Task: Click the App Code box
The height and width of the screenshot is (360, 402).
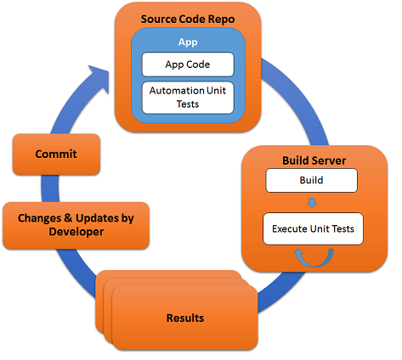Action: pyautogui.click(x=188, y=65)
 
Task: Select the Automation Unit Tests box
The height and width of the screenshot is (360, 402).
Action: pyautogui.click(x=188, y=98)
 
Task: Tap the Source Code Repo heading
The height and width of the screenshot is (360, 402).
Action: pyautogui.click(x=188, y=20)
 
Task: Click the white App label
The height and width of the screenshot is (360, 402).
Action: pyautogui.click(x=188, y=42)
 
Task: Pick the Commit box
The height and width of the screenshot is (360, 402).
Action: pyautogui.click(x=56, y=155)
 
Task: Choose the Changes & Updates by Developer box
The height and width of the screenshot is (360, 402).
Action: pyautogui.click(x=76, y=226)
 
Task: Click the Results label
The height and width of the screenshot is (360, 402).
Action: pyautogui.click(x=185, y=318)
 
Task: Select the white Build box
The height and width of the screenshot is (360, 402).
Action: pyautogui.click(x=311, y=180)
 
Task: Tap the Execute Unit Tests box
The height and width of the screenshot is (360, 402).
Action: pyautogui.click(x=313, y=228)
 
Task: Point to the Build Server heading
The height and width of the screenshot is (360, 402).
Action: pyautogui.click(x=314, y=160)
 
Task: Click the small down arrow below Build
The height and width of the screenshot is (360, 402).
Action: pyautogui.click(x=312, y=203)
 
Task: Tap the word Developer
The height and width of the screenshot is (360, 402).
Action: pyautogui.click(x=76, y=232)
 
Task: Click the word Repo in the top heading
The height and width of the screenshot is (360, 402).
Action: pyautogui.click(x=221, y=20)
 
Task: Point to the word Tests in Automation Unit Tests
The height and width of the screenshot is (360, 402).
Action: pyautogui.click(x=188, y=104)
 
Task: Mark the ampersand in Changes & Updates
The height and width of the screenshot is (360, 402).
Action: pyautogui.click(x=68, y=218)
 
